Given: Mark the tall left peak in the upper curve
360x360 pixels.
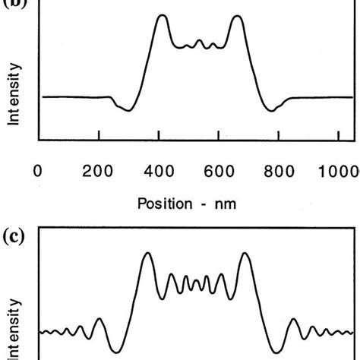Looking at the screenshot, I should coord(161,16).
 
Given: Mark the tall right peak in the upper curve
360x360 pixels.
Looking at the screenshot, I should coord(238,16).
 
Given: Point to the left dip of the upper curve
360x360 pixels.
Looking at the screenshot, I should coord(128,111).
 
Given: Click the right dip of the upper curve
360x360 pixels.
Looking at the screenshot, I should coord(271,111).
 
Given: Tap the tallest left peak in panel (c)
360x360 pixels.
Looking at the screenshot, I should coord(148,254).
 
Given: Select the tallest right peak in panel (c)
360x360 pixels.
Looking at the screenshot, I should coord(245,254).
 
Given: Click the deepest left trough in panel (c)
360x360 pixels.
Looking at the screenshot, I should coord(115,351).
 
